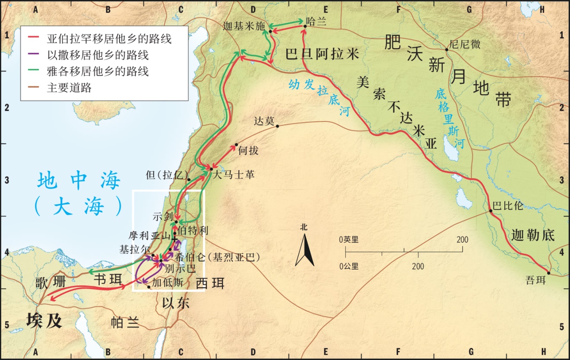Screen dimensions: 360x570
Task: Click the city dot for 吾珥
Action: pos(548,273)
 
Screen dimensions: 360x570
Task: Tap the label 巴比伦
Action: pos(508,205)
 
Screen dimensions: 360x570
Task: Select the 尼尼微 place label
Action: pos(465,45)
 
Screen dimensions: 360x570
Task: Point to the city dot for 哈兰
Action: pos(305,26)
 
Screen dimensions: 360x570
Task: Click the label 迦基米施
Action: pos(244,25)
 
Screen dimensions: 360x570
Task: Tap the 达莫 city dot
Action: pos(278,126)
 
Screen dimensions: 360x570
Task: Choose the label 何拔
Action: pos(248,151)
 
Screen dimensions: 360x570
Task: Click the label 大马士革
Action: pos(233,175)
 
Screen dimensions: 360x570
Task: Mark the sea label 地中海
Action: pos(78,181)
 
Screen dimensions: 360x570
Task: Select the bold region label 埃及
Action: pos(44,321)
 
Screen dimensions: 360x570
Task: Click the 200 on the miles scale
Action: pos(462,239)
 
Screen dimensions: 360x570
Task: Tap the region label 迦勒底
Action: pos(532,236)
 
